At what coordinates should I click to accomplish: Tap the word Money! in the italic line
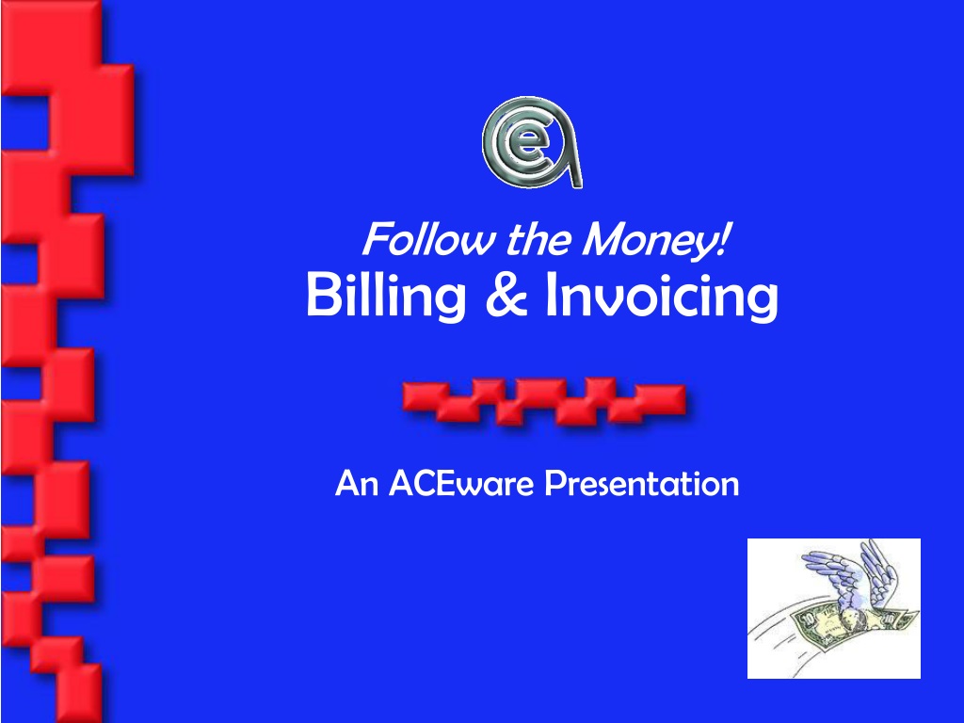pyautogui.click(x=656, y=241)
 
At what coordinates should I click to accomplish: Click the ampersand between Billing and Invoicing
pyautogui.click(x=506, y=294)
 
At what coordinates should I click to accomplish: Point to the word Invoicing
pyautogui.click(x=662, y=297)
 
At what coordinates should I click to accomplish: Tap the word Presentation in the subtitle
pyautogui.click(x=642, y=483)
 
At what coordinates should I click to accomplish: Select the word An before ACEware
pyautogui.click(x=357, y=483)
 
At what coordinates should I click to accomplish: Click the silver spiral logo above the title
pyautogui.click(x=532, y=142)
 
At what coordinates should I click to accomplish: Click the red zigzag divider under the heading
pyautogui.click(x=544, y=401)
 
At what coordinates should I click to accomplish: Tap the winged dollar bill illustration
pyautogui.click(x=834, y=609)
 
